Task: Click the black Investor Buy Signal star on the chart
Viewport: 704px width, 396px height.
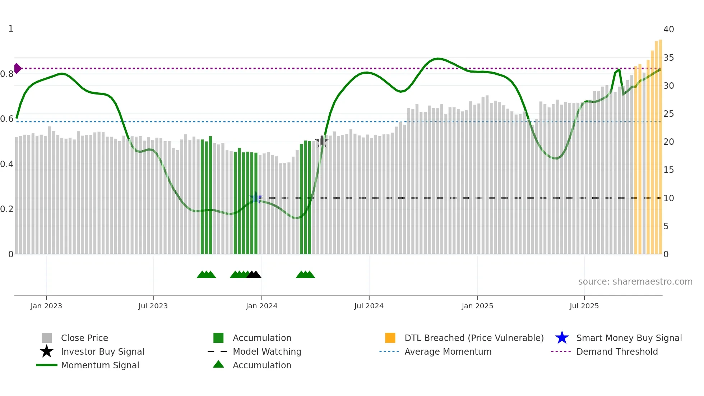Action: (x=322, y=141)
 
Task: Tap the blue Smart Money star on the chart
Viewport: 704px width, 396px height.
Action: (x=256, y=198)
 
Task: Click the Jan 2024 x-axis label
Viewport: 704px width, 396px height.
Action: (x=261, y=306)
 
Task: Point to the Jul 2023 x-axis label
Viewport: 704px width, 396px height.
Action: (x=153, y=306)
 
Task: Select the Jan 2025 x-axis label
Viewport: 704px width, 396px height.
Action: (x=477, y=306)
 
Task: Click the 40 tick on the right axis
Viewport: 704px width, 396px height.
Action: (x=668, y=29)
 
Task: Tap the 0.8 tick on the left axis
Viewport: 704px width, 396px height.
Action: (x=7, y=74)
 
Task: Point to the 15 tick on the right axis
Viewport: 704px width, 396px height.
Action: (x=668, y=170)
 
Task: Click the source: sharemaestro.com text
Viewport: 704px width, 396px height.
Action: (x=635, y=282)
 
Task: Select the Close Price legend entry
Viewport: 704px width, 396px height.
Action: (x=84, y=338)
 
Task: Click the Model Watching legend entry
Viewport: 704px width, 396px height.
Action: (x=267, y=351)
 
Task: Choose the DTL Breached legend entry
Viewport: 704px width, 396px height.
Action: (x=474, y=338)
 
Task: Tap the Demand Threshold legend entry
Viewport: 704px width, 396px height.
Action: (x=617, y=351)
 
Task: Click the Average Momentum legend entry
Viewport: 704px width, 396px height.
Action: (x=448, y=351)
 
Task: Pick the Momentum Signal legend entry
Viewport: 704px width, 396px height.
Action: (x=100, y=365)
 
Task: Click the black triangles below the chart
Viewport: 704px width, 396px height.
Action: (x=254, y=275)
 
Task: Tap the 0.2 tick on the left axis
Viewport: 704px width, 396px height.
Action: (x=7, y=209)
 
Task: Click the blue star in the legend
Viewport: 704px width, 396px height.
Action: (x=562, y=338)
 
